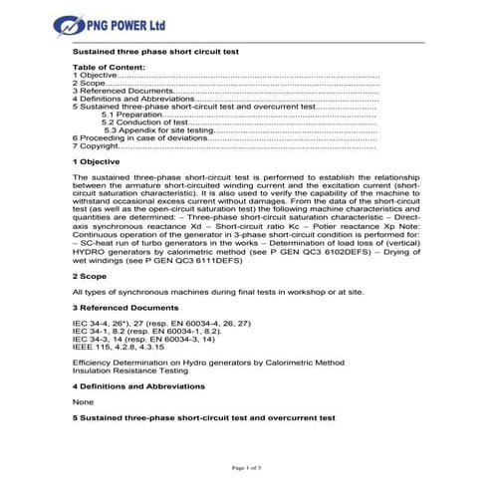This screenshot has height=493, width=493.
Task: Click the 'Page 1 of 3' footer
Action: point(246,467)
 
